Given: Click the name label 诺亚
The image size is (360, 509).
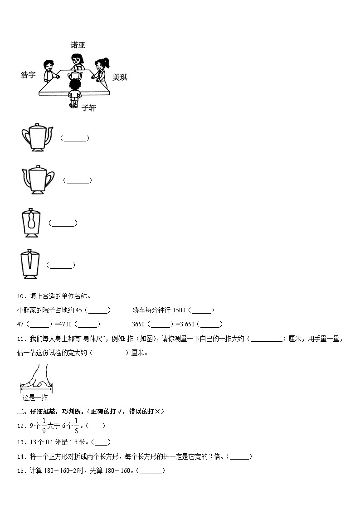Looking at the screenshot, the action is point(78,45).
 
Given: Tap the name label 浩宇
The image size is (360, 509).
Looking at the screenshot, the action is point(28,75).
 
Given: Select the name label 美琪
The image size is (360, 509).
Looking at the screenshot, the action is point(120,78).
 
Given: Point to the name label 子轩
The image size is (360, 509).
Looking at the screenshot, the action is point(89,108).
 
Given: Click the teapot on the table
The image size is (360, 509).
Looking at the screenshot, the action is point(75,73).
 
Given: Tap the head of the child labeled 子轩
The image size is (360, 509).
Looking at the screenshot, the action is point(74,84).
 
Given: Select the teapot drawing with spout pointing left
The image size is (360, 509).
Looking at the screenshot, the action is point(38,180).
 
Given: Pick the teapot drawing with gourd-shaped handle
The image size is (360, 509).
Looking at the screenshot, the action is point(31,223).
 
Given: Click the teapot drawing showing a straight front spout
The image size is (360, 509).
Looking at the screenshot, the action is point(30,265).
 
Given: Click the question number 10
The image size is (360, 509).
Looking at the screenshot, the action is point(20,296).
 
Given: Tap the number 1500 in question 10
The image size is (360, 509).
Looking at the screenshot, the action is point(179,310).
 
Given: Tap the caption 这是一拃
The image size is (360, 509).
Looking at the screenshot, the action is point(35,398).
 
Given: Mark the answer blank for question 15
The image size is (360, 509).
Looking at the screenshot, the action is point(151,471).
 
